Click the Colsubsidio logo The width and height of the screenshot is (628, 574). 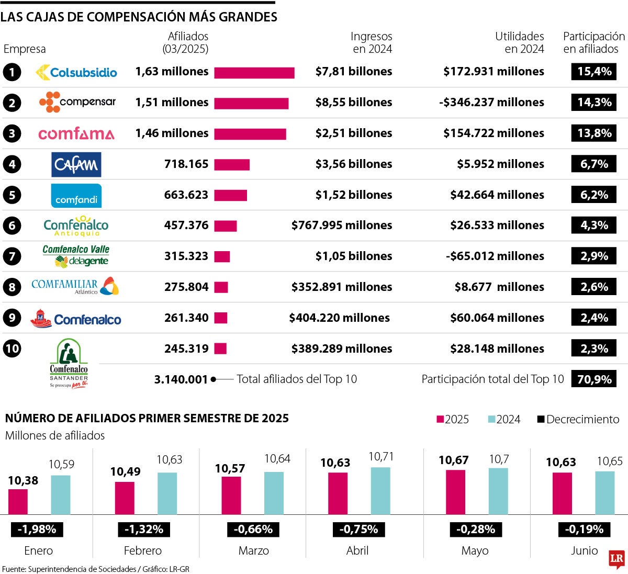[76, 72]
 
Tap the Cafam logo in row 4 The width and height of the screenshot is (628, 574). [76, 165]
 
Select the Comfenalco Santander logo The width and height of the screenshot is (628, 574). [69, 363]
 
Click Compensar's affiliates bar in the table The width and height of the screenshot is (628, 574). [251, 103]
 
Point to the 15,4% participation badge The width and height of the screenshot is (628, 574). [594, 72]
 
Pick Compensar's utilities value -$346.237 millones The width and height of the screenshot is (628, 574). [491, 103]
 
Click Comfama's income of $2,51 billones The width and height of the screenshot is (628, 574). [354, 133]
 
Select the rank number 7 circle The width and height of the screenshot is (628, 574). [12, 256]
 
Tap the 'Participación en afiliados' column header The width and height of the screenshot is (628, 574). [594, 43]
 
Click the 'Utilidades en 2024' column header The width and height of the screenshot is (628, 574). [519, 43]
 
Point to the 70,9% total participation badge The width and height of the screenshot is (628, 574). [594, 379]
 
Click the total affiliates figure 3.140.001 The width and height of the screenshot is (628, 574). [181, 380]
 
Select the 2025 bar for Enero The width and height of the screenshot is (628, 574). [18, 501]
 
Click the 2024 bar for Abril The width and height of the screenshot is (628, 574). [380, 490]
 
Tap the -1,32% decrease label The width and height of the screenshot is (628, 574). [144, 530]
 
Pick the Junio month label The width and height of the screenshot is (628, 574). [584, 550]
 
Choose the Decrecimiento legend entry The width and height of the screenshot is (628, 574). [578, 420]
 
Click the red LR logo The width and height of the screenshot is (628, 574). [617, 559]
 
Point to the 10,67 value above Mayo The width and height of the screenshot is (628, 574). [453, 460]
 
